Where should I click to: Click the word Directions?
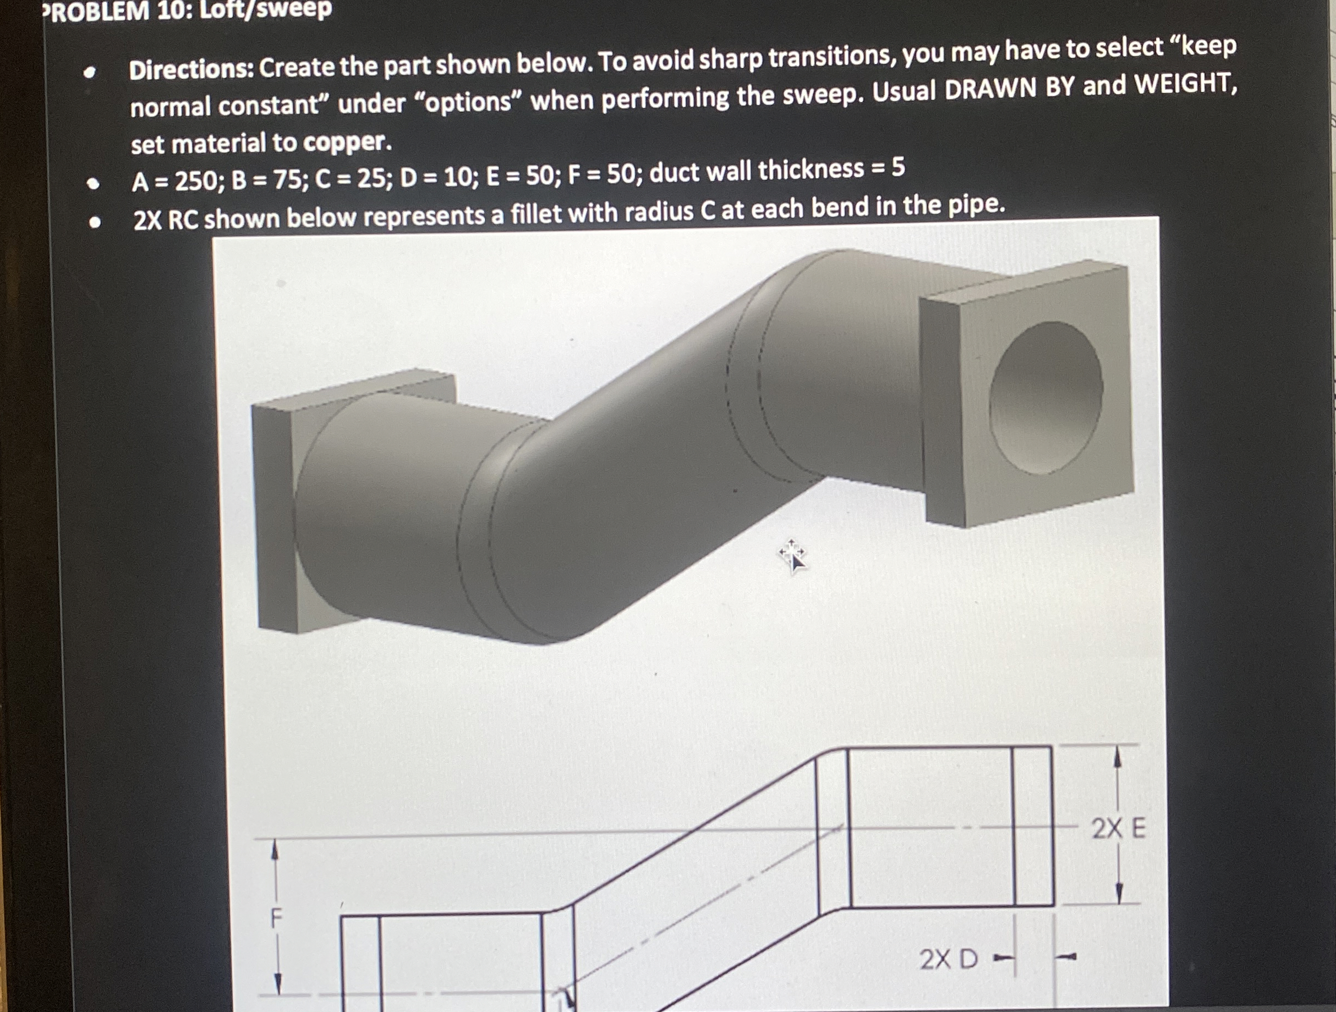pos(191,69)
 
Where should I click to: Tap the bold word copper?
pos(347,142)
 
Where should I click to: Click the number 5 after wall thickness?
pos(897,167)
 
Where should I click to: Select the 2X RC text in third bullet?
pos(166,220)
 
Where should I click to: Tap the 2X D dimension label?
pos(948,958)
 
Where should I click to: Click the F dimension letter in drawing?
pos(276,919)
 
